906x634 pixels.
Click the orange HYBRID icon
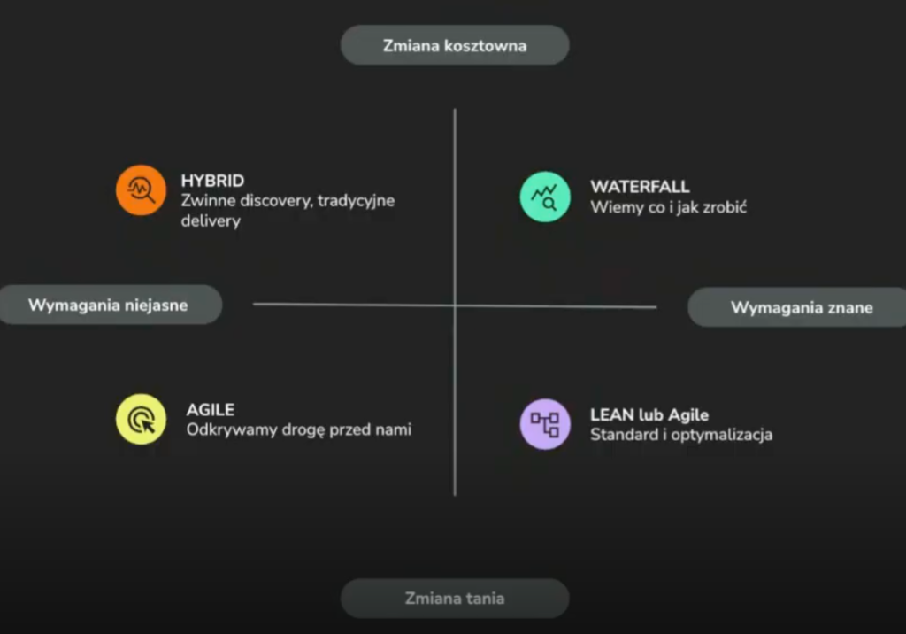(141, 189)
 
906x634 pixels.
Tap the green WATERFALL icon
(544, 197)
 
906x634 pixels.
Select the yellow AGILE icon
(141, 419)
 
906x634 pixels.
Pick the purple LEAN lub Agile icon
(544, 423)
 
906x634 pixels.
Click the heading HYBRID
(212, 181)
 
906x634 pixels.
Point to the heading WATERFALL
(640, 187)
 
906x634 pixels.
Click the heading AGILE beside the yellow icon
(210, 410)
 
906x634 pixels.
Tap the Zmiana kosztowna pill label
(455, 45)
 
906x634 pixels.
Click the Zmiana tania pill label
(455, 598)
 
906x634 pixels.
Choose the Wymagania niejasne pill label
(108, 305)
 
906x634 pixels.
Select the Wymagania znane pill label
(802, 307)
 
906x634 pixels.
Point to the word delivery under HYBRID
(211, 221)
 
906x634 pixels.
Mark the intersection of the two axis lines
(455, 306)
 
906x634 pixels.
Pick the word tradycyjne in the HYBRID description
(356, 201)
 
